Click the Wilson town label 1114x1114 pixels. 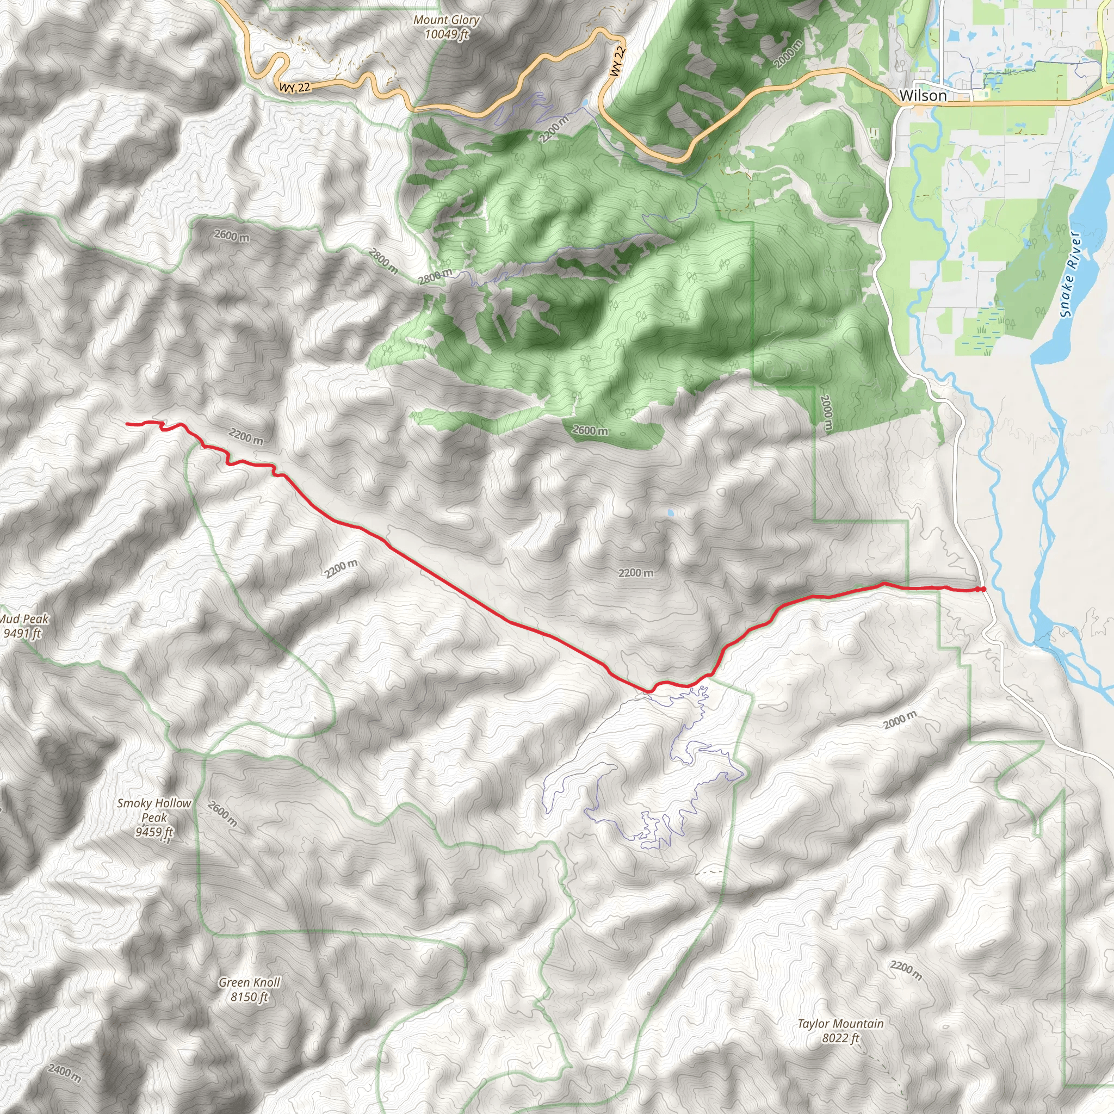[x=923, y=95]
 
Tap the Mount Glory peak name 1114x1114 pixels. [x=446, y=20]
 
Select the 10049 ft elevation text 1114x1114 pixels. [x=446, y=35]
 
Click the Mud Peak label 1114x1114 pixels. [x=24, y=619]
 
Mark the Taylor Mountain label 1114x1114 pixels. [x=840, y=1024]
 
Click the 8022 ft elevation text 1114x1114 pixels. [x=840, y=1038]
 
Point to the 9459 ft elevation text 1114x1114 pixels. [x=154, y=832]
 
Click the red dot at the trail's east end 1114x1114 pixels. [x=982, y=589]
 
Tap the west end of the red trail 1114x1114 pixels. [x=127, y=424]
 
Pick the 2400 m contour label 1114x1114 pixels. [x=64, y=1073]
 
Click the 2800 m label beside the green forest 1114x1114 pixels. [x=435, y=276]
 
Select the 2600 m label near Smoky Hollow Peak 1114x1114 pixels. [x=222, y=814]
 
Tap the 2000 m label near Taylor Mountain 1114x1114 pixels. [x=900, y=720]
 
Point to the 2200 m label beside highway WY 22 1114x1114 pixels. [x=554, y=129]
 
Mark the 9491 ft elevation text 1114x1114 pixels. [x=23, y=634]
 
